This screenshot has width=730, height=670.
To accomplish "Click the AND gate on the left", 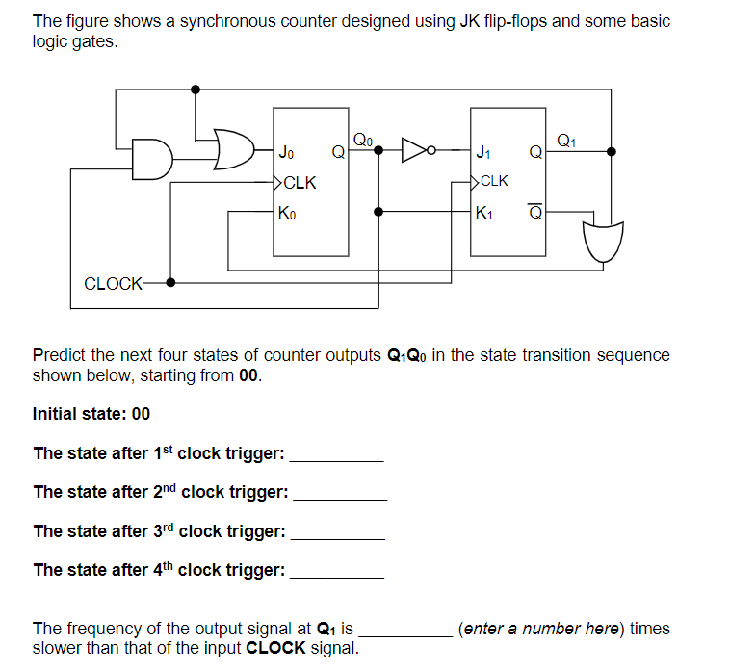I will pyautogui.click(x=151, y=160).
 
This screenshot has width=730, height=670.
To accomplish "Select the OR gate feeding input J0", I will pyautogui.click(x=231, y=149).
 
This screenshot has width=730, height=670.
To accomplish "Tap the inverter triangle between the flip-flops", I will pyautogui.click(x=416, y=150).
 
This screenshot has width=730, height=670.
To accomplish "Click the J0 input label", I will pyautogui.click(x=286, y=152).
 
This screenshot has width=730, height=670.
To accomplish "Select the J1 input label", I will pyautogui.click(x=485, y=151).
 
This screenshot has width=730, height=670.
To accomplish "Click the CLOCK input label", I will pyautogui.click(x=113, y=283).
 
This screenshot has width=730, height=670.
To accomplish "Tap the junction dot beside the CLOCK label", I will pyautogui.click(x=171, y=283).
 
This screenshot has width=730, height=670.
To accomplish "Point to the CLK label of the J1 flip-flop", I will pyautogui.click(x=493, y=180).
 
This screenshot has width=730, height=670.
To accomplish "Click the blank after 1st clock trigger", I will pyautogui.click(x=336, y=454).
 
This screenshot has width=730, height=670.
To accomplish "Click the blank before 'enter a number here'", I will pyautogui.click(x=404, y=630).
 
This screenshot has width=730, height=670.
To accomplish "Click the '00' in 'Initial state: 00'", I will pyautogui.click(x=141, y=414).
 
